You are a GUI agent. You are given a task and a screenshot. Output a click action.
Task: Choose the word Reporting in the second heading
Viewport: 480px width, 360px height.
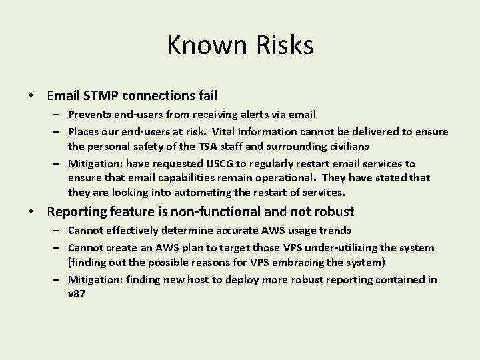(x=78, y=212)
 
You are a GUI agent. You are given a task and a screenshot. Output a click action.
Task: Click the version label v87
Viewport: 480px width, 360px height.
(x=76, y=293)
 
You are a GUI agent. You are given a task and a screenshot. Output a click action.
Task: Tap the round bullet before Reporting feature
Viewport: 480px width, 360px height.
(x=32, y=213)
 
